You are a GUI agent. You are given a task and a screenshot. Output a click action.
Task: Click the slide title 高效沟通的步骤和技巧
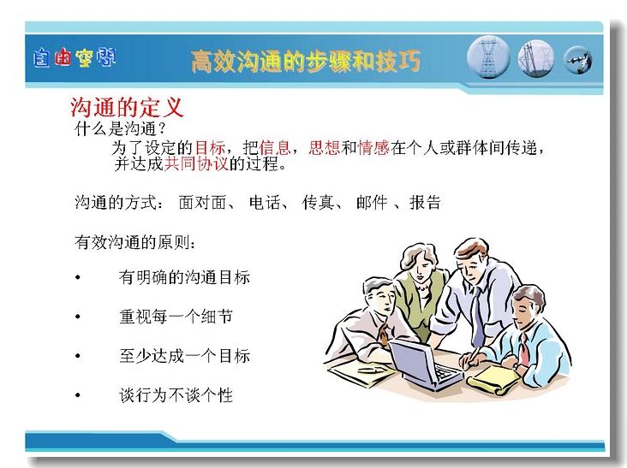pyautogui.click(x=306, y=61)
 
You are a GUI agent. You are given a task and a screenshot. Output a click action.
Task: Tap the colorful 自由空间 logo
pyautogui.click(x=75, y=58)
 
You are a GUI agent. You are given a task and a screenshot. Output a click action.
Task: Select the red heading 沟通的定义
pyautogui.click(x=127, y=107)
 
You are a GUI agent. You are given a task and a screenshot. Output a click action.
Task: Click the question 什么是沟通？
pyautogui.click(x=120, y=128)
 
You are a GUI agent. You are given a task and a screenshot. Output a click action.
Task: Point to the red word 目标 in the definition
pyautogui.click(x=211, y=148)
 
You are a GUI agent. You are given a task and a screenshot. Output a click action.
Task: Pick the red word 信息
pyautogui.click(x=275, y=148)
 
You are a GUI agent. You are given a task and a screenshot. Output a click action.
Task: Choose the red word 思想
pyautogui.click(x=325, y=148)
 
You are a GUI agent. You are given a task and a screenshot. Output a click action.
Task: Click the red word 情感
pyautogui.click(x=373, y=148)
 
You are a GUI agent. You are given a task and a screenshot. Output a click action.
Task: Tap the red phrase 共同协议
pyautogui.click(x=196, y=163)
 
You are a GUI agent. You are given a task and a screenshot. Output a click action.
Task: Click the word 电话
pyautogui.click(x=265, y=202)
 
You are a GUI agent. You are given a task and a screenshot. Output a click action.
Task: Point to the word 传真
pyautogui.click(x=318, y=202)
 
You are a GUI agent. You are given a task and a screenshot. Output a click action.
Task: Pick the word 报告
pyautogui.click(x=425, y=202)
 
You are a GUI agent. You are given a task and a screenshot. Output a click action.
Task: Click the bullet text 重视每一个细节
pyautogui.click(x=176, y=317)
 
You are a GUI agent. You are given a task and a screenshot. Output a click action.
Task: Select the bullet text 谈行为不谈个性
pyautogui.click(x=176, y=395)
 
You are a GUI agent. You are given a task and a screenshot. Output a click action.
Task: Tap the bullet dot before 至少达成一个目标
pyautogui.click(x=78, y=356)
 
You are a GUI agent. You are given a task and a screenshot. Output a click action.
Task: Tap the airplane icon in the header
pyautogui.click(x=578, y=60)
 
